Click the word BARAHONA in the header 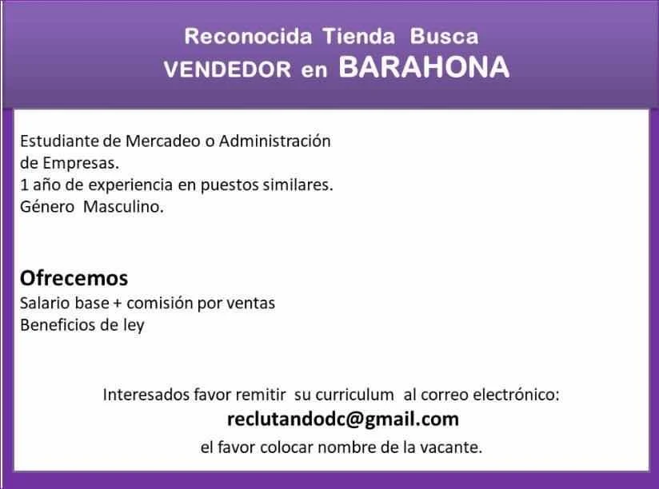pyautogui.click(x=424, y=67)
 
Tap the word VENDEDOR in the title pyautogui.click(x=227, y=70)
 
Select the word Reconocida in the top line pyautogui.click(x=248, y=36)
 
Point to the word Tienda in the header pyautogui.click(x=359, y=36)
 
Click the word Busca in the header pyautogui.click(x=444, y=36)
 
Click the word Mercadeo pyautogui.click(x=163, y=141)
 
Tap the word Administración pyautogui.click(x=275, y=141)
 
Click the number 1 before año pyautogui.click(x=24, y=185)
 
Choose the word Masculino pyautogui.click(x=123, y=207)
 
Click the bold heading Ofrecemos pyautogui.click(x=74, y=278)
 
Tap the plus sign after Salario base pyautogui.click(x=118, y=304)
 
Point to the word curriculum pyautogui.click(x=355, y=395)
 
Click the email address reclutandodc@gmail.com pyautogui.click(x=343, y=419)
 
